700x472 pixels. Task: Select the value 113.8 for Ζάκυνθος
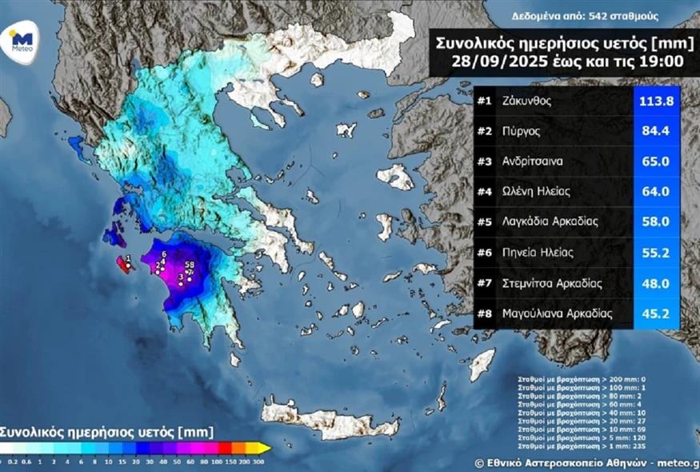coord(656,102)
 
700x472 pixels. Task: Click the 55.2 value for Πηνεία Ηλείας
coord(656,254)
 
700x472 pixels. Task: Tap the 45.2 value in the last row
coord(656,314)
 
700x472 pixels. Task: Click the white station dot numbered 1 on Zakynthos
coord(128,266)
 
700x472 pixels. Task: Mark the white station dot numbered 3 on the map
coord(182,283)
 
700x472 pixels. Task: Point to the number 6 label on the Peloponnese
coord(164,254)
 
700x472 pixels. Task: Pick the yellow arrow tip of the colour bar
coord(265,448)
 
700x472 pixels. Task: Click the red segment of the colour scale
coord(226,448)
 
